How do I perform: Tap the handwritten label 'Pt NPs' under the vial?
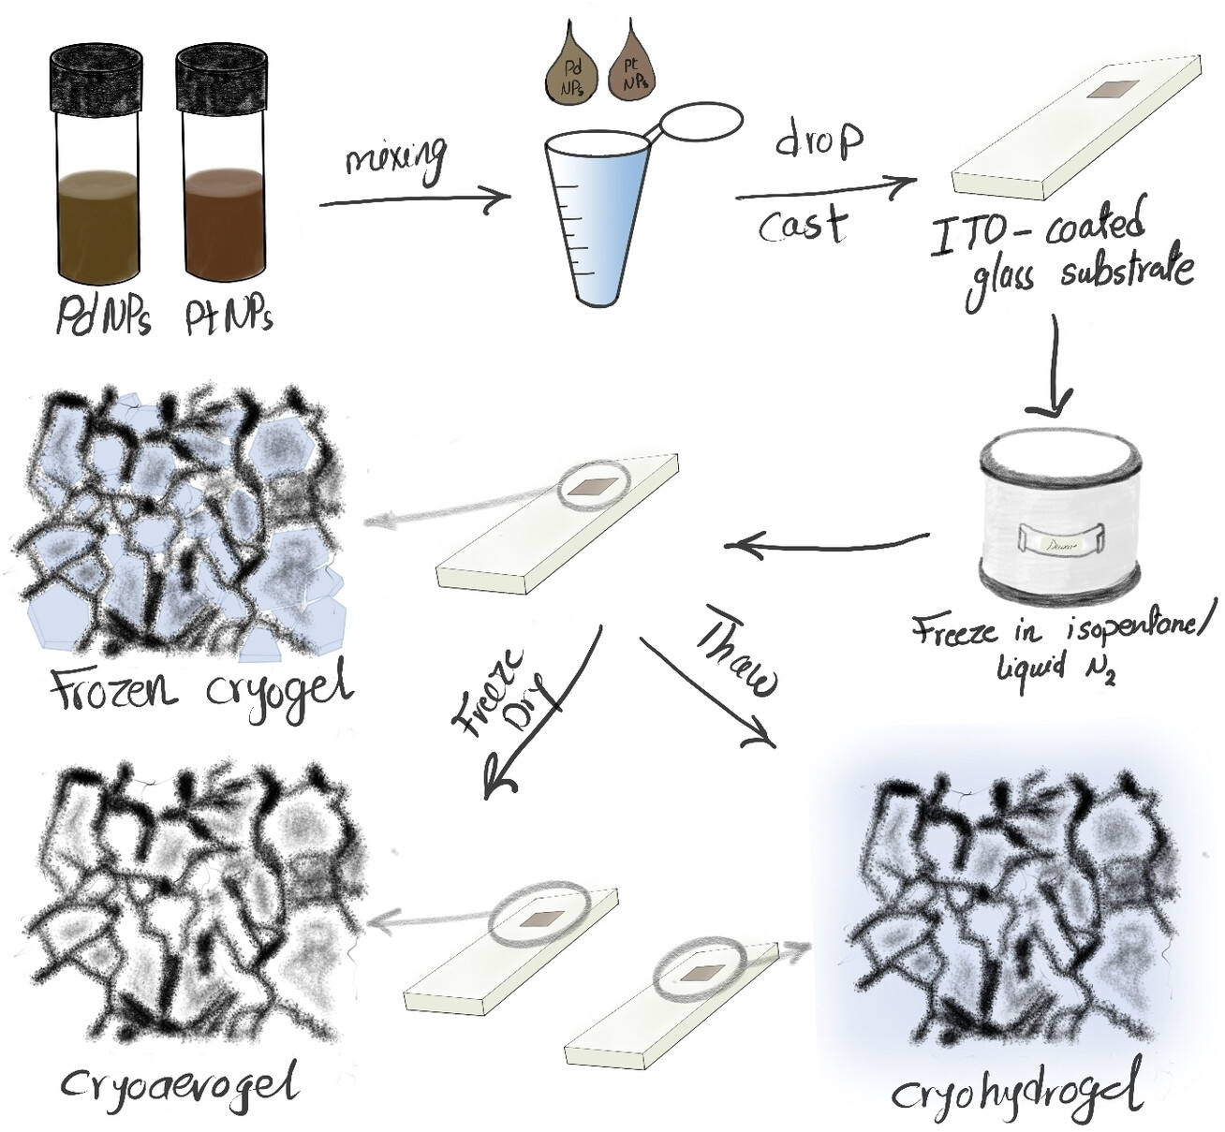point(229,318)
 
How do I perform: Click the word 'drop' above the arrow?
point(819,140)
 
